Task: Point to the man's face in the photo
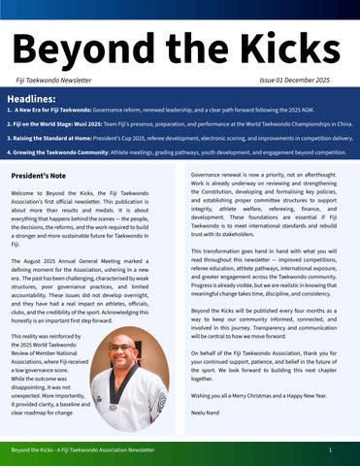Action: coord(123,353)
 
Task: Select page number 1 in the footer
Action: coord(332,451)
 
